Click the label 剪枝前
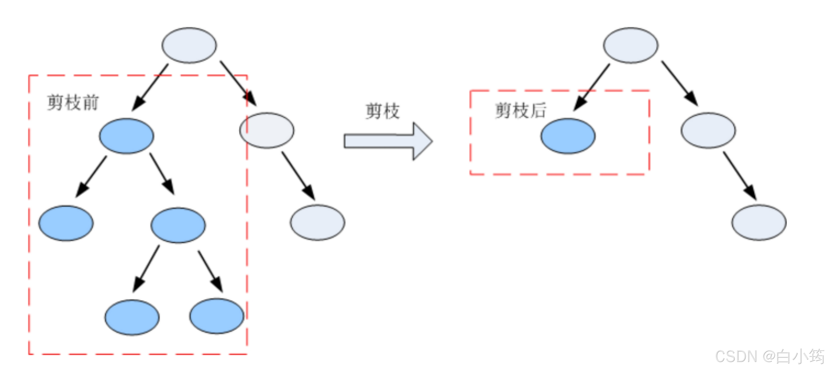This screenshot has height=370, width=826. (x=73, y=103)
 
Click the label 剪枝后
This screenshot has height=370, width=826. (x=520, y=111)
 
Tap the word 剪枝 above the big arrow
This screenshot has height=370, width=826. (x=382, y=111)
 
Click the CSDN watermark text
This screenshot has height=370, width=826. (x=770, y=356)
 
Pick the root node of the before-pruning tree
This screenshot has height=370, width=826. (x=189, y=45)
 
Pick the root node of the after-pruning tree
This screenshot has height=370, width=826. (x=630, y=45)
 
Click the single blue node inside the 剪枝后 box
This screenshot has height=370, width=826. (x=568, y=136)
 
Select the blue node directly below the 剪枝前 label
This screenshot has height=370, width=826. (x=126, y=136)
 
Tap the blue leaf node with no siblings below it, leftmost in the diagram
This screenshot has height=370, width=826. (x=66, y=223)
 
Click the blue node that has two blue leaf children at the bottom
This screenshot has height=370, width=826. (x=178, y=225)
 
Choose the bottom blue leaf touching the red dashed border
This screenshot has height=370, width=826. (x=217, y=316)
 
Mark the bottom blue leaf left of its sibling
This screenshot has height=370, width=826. (x=132, y=317)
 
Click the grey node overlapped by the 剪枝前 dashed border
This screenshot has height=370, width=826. (x=267, y=130)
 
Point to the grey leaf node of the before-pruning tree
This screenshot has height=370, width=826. (x=317, y=222)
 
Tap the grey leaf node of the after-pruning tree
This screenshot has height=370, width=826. (x=759, y=222)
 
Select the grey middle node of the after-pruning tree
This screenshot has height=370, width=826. (x=708, y=130)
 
